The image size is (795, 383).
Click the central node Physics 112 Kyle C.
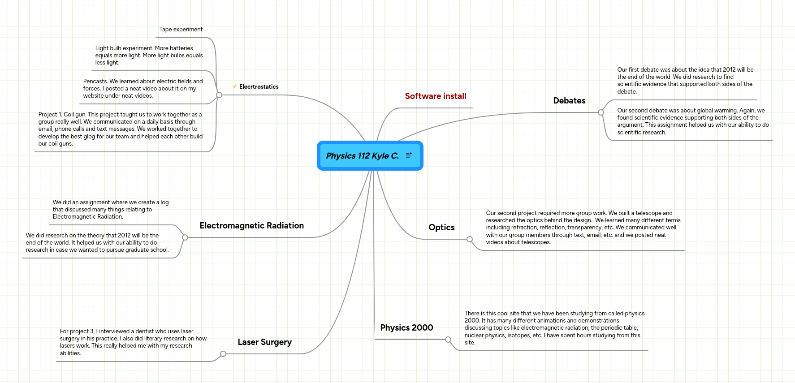point(362,156)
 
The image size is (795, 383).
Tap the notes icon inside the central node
point(409,155)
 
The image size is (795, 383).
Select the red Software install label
point(435,96)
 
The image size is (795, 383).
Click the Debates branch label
point(569,101)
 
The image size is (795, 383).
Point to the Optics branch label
point(441,228)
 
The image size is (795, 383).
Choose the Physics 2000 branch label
point(406,328)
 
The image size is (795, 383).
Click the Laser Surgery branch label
point(264,342)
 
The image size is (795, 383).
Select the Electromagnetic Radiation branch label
point(251,226)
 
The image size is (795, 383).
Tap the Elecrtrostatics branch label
point(259,87)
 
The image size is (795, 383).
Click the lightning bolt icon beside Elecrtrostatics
point(235,86)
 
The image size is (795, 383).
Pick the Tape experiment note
point(181,30)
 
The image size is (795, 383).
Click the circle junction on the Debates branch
point(601,112)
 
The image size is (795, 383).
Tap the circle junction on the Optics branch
point(470,239)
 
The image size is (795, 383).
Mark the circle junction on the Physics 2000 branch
point(448,340)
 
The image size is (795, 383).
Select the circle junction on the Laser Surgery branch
point(223,354)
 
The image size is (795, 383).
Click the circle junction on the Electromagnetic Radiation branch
point(185,237)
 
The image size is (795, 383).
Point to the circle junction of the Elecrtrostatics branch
point(219,95)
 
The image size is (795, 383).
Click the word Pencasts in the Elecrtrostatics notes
point(95,82)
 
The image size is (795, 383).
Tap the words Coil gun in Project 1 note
point(75,115)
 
